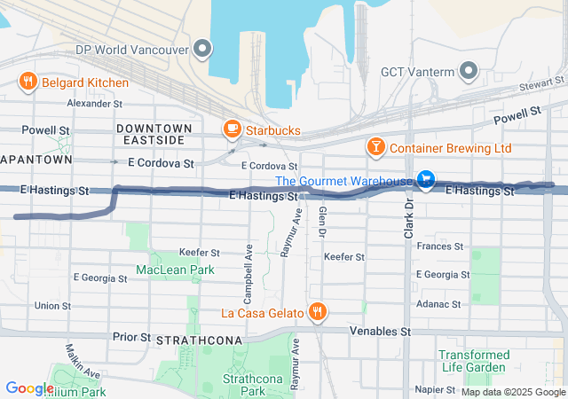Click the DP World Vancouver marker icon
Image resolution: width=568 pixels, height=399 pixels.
[203, 49]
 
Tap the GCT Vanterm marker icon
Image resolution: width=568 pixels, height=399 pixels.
[468, 72]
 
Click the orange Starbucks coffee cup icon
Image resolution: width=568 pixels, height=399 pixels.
[232, 130]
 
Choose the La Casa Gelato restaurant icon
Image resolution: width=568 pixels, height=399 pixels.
[317, 311]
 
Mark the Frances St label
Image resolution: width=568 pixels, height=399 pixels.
[441, 246]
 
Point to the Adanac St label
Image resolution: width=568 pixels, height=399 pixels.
[438, 304]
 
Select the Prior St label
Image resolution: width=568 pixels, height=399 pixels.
[131, 338]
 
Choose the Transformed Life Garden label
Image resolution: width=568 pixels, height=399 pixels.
[474, 362]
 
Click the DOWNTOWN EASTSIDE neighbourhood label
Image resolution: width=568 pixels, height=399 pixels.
[150, 135]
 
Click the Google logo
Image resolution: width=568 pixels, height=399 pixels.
[29, 387]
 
